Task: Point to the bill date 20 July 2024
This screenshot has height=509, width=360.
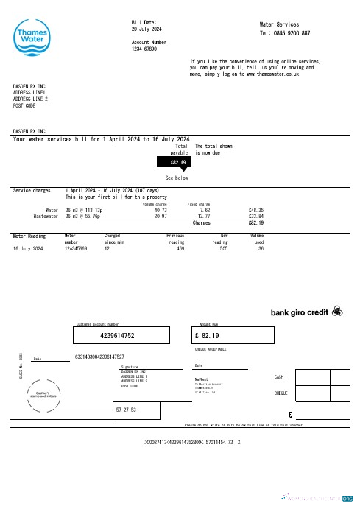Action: pos(146,29)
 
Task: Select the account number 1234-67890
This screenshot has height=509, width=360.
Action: pos(144,49)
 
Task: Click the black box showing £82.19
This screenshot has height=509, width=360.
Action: pos(179,161)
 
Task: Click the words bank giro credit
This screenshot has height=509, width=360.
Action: pos(300,312)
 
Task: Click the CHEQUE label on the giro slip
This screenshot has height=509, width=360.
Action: pos(280,393)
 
